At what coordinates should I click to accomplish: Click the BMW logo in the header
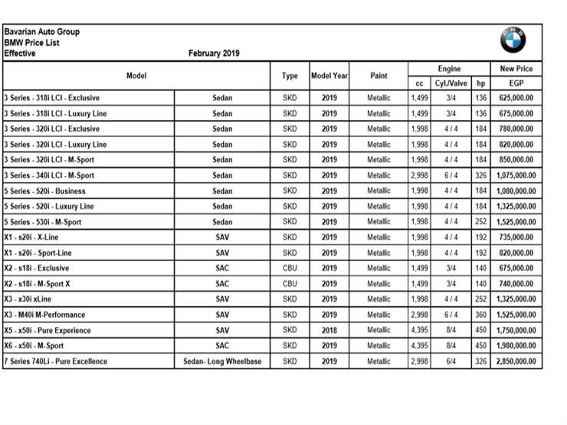513,40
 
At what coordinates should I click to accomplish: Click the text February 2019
214,54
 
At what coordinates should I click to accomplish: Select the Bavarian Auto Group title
41,32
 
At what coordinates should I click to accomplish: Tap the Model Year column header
329,76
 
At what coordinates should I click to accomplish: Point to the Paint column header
379,76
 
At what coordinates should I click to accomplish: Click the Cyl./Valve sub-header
451,83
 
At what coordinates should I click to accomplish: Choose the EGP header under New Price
516,83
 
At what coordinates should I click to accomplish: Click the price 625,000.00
516,98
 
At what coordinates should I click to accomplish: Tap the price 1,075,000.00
516,175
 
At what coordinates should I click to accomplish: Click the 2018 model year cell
329,331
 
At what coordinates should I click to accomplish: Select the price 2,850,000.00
516,361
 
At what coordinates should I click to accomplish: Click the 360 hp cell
480,315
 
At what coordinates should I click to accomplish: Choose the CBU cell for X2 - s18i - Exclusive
290,269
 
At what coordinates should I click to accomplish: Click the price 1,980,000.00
516,346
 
